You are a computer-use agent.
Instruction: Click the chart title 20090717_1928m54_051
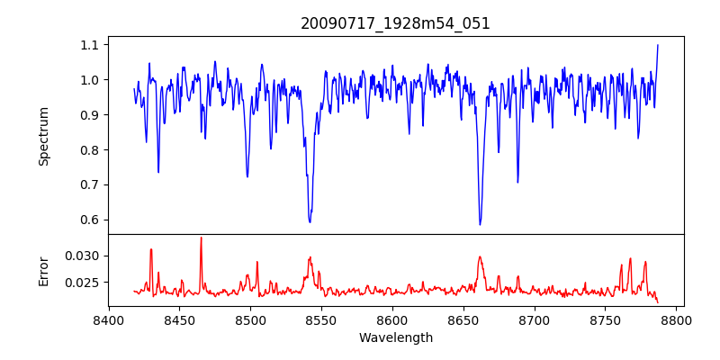[x=395, y=23]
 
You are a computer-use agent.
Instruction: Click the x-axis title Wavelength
[x=395, y=337]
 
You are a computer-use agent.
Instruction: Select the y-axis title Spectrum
[x=44, y=136]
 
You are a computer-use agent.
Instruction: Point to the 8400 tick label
[x=109, y=319]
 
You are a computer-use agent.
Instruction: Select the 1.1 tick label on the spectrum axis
[x=89, y=45]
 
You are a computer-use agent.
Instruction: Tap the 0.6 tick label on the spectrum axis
[x=89, y=220]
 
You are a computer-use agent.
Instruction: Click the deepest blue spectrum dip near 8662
[x=480, y=224]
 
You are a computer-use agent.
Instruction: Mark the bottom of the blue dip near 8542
[x=310, y=221]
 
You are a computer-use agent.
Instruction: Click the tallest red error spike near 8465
[x=201, y=238]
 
